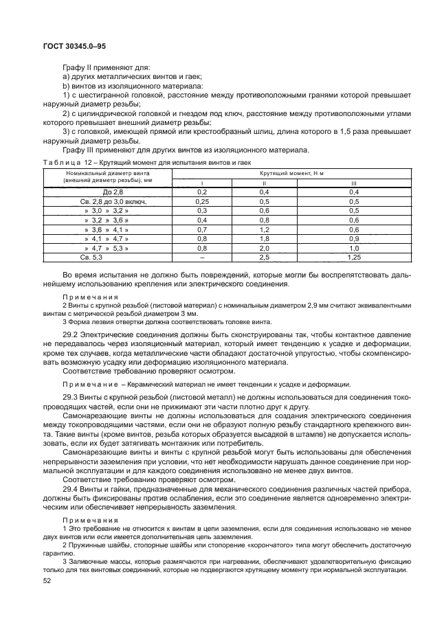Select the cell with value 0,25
pos(202,202)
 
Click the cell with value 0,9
pos(355,238)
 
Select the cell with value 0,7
pos(202,229)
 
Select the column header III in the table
pos(355,183)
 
